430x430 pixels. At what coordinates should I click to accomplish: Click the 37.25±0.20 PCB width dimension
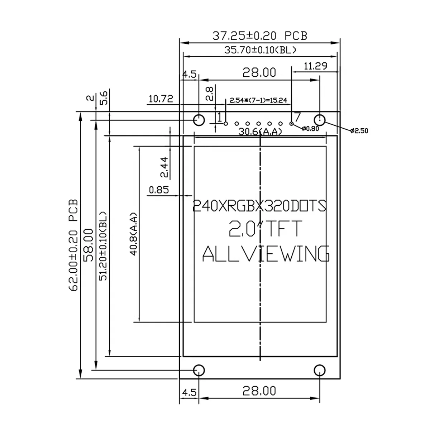(x=260, y=36)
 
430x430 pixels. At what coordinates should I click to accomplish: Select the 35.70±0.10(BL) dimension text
(x=260, y=50)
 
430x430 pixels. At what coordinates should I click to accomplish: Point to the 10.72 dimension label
(x=161, y=99)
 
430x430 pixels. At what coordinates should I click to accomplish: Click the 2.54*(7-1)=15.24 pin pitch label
(x=258, y=100)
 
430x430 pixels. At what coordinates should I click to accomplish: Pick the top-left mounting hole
(x=199, y=120)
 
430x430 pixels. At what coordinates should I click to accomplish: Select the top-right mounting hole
(x=319, y=120)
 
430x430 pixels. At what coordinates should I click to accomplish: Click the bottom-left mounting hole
(x=199, y=370)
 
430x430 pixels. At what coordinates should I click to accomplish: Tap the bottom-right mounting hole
(x=319, y=370)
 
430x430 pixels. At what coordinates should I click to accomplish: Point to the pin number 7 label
(x=297, y=117)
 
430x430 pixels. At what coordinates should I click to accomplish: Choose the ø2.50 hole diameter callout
(x=359, y=131)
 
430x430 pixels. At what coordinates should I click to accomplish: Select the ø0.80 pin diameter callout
(x=310, y=129)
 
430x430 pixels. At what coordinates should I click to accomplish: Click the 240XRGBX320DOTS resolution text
(x=259, y=206)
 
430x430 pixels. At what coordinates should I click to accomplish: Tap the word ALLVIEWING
(x=266, y=254)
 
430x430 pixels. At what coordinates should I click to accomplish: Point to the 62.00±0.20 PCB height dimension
(x=73, y=245)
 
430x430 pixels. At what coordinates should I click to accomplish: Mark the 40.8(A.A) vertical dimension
(x=134, y=234)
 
